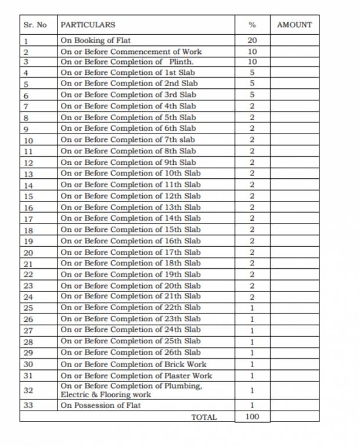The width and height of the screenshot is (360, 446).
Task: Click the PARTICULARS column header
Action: [88, 25]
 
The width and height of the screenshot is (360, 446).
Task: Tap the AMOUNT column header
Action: [294, 25]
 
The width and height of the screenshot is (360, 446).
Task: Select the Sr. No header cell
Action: [35, 25]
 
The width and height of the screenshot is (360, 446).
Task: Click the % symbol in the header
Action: [252, 25]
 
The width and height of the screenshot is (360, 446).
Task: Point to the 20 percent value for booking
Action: [252, 41]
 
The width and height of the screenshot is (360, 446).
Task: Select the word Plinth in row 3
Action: [181, 62]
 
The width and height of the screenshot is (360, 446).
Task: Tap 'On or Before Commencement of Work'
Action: [131, 52]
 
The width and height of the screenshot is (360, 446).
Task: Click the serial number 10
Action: [28, 141]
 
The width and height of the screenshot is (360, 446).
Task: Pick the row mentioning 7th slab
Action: [128, 140]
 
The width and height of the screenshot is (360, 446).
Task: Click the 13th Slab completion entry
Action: [131, 207]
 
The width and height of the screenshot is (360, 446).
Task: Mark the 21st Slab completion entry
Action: [131, 297]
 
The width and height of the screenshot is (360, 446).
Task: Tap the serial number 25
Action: [28, 308]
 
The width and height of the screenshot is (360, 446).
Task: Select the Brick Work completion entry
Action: [133, 365]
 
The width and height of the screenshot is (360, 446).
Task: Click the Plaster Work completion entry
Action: [136, 376]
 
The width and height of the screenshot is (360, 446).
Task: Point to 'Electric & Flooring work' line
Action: [106, 395]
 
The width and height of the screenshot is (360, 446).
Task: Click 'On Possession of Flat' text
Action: [100, 405]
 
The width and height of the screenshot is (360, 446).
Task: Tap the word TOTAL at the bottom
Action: [204, 417]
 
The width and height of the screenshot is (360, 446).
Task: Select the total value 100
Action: [252, 416]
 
